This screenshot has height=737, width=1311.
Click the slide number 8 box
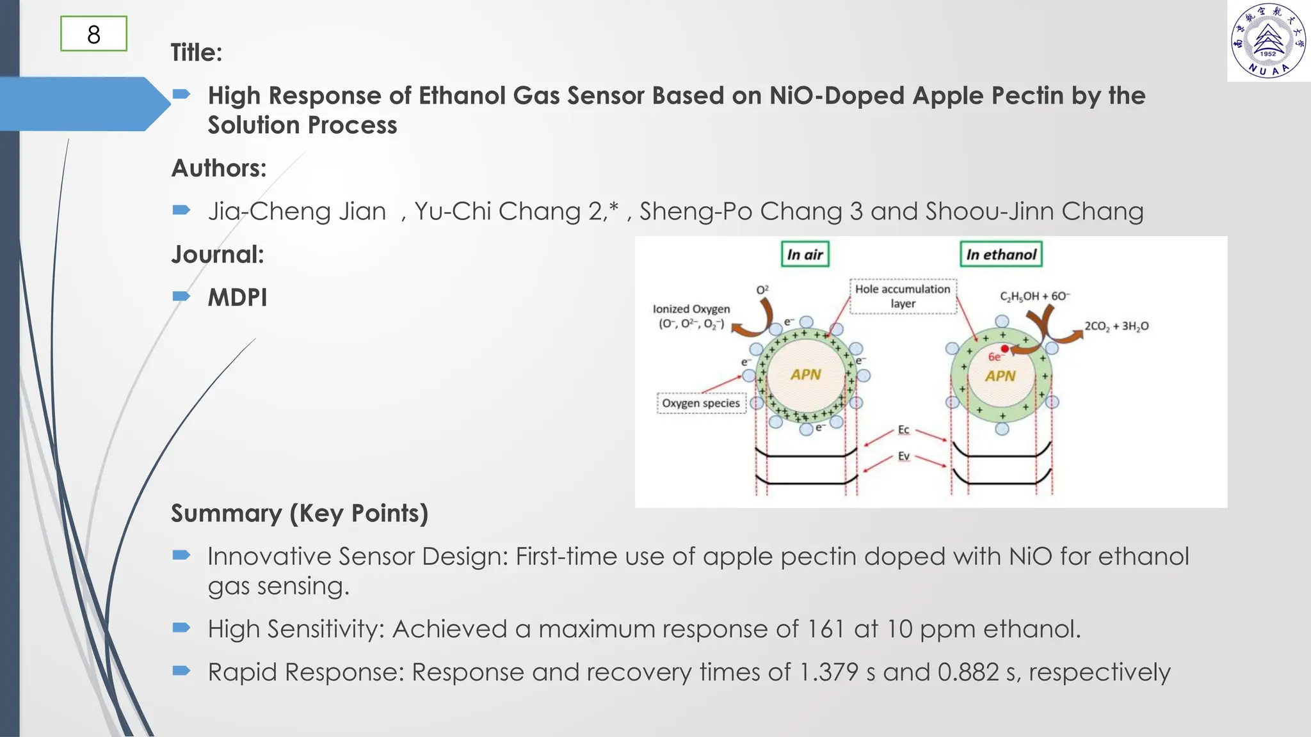point(93,35)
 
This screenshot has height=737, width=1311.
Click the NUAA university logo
point(1268,40)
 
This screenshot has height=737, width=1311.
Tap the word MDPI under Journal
point(237,297)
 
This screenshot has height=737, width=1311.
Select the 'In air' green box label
point(805,255)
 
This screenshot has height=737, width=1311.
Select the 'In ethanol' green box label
point(1001,255)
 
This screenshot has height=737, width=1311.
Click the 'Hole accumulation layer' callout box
point(903,296)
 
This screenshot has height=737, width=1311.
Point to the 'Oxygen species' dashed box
point(701,404)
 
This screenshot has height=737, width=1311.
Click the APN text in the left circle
point(805,375)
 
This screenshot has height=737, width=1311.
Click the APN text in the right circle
point(1000,376)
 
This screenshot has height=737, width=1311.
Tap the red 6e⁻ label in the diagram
point(995,358)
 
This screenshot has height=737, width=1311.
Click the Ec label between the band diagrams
point(903,430)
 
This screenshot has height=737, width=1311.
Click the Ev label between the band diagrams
point(903,456)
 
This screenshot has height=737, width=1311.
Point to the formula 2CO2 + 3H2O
point(1116,326)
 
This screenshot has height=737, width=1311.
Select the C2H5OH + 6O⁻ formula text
point(1034,296)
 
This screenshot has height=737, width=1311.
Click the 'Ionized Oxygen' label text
point(691,309)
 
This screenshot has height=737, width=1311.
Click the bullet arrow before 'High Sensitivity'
point(181,628)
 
